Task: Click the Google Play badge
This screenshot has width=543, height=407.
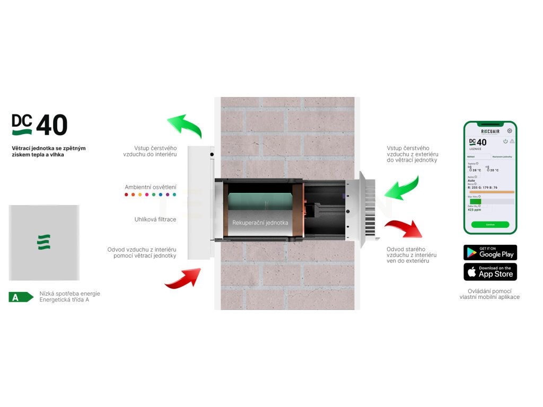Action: click(x=490, y=252)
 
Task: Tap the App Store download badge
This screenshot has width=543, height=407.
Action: click(x=490, y=272)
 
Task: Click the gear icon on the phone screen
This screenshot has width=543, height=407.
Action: click(x=510, y=131)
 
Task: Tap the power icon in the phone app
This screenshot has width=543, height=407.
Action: click(x=505, y=141)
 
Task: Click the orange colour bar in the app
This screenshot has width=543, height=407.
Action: click(x=491, y=192)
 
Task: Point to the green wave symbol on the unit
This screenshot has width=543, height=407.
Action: click(x=43, y=242)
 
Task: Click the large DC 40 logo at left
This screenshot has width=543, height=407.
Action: click(x=40, y=125)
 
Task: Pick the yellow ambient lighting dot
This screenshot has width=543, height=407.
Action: click(x=140, y=195)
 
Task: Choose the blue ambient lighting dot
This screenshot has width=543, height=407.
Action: click(x=161, y=195)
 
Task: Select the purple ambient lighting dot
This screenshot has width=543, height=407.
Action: click(x=168, y=195)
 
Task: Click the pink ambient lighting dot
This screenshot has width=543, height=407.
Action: click(x=147, y=195)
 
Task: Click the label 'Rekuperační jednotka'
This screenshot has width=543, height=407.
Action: click(x=260, y=223)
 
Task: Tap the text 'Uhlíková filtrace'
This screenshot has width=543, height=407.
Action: click(x=155, y=219)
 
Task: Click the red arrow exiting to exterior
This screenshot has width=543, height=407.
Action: click(x=404, y=228)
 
